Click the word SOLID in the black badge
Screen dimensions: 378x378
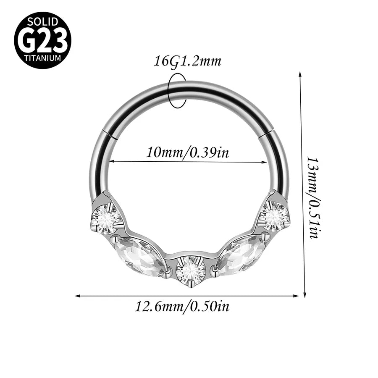pos(43,22)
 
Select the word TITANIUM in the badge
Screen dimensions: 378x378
pos(43,58)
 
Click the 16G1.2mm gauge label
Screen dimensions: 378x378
pos(187,61)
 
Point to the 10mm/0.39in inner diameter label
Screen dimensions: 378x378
pos(188,152)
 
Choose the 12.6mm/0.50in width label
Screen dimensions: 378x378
pos(182,307)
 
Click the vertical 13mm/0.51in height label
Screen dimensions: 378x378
pos(313,198)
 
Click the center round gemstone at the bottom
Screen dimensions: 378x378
pos(190,270)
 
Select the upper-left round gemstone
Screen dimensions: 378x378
pos(105,219)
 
